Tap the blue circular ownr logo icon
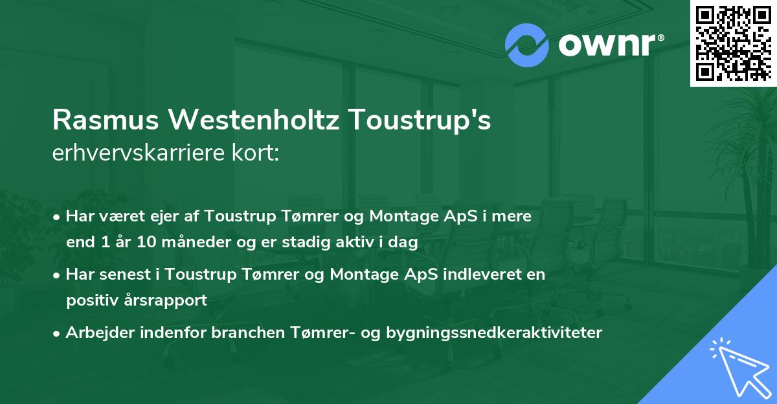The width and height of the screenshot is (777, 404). tap(527, 45)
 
